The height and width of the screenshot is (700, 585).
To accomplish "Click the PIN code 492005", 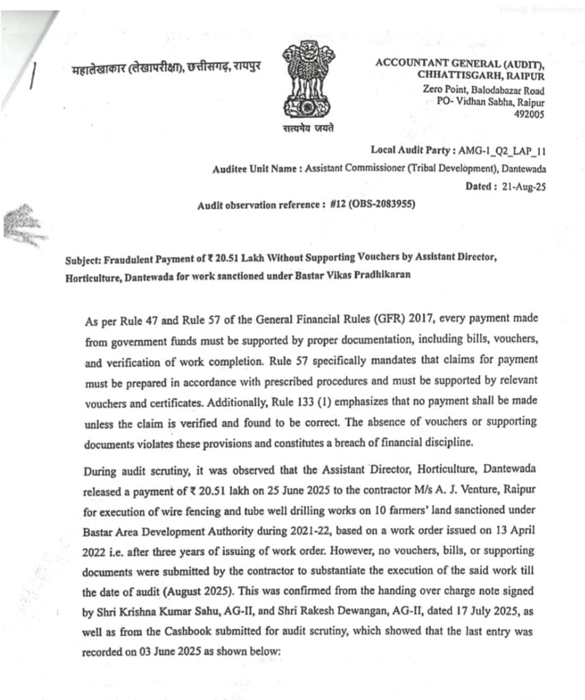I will (x=529, y=114).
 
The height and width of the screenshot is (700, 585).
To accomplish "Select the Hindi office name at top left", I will (x=166, y=68).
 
